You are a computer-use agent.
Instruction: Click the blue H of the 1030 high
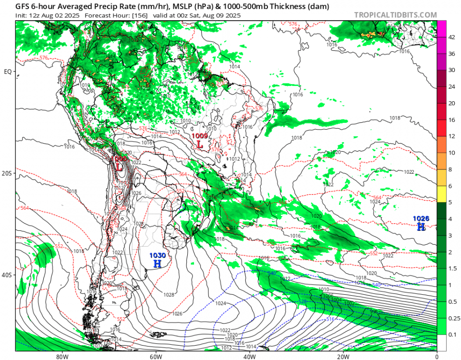[158, 264]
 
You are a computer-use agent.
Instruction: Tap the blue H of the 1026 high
[421, 226]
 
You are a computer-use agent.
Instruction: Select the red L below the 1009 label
[200, 144]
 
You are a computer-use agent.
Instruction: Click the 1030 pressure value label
[158, 255]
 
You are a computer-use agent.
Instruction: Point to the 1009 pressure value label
[200, 136]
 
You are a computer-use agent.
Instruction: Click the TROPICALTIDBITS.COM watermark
[395, 15]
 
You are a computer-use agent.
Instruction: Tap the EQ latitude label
[8, 72]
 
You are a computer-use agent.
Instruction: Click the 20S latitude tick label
[8, 173]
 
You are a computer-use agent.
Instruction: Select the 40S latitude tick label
[8, 275]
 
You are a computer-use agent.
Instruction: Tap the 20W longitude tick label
[343, 357]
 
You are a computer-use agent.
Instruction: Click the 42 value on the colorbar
[451, 37]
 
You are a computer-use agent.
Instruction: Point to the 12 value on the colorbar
[451, 136]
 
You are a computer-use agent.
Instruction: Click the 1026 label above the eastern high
[421, 218]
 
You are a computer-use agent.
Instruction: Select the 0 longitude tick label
[437, 357]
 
